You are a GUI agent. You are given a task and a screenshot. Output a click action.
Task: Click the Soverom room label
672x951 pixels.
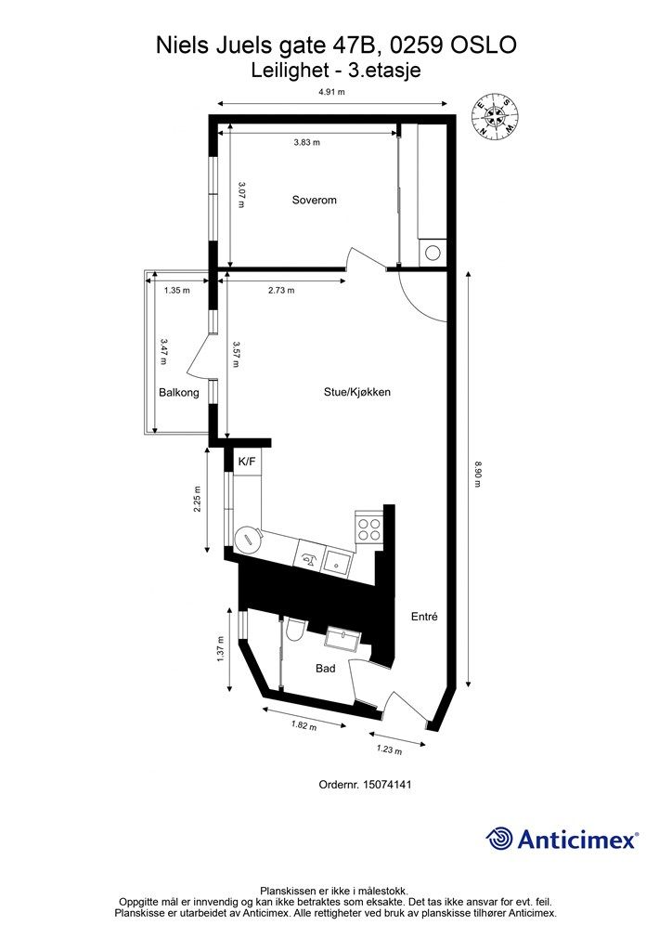pyautogui.click(x=314, y=201)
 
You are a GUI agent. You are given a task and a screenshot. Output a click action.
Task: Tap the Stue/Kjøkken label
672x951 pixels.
pyautogui.click(x=357, y=393)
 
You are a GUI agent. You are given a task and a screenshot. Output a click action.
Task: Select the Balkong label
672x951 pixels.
pyautogui.click(x=179, y=393)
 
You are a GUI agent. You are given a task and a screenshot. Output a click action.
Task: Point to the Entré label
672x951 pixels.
pyautogui.click(x=424, y=617)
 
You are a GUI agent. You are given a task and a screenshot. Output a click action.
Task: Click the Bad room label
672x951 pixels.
pyautogui.click(x=326, y=669)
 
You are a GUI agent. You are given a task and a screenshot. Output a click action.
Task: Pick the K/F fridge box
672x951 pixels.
pyautogui.click(x=247, y=462)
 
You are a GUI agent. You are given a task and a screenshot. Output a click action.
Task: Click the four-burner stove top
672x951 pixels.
pyautogui.click(x=368, y=528)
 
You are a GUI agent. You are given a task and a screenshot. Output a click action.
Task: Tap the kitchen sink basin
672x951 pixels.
pyautogui.click(x=336, y=561)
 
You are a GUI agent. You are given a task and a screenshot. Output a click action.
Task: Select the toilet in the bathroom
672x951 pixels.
pyautogui.click(x=295, y=630)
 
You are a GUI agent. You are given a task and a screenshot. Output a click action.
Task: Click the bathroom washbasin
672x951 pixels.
pyautogui.click(x=343, y=639)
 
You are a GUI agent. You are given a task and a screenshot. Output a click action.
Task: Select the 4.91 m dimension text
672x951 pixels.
pyautogui.click(x=331, y=92)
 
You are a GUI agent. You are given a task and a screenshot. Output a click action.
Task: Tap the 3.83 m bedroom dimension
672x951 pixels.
pyautogui.click(x=306, y=142)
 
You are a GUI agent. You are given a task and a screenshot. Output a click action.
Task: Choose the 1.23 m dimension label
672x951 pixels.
pyautogui.click(x=389, y=749)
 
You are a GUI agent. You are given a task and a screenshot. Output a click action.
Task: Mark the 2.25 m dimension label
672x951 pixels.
pyautogui.click(x=197, y=499)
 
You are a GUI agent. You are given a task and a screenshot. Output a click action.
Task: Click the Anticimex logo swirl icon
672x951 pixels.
pyautogui.click(x=498, y=839)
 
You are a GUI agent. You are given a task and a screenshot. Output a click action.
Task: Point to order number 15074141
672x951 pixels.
pyautogui.click(x=387, y=784)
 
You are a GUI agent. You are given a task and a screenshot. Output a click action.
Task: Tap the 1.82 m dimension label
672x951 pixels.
pyautogui.click(x=304, y=724)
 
